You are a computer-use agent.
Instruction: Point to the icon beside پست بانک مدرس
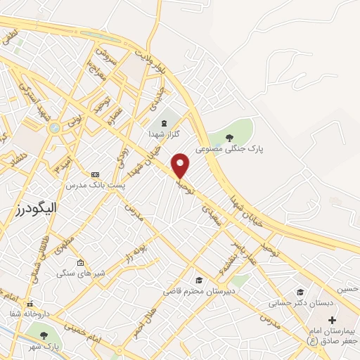(x=96, y=174)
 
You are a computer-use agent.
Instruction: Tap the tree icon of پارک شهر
(x=44, y=335)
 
